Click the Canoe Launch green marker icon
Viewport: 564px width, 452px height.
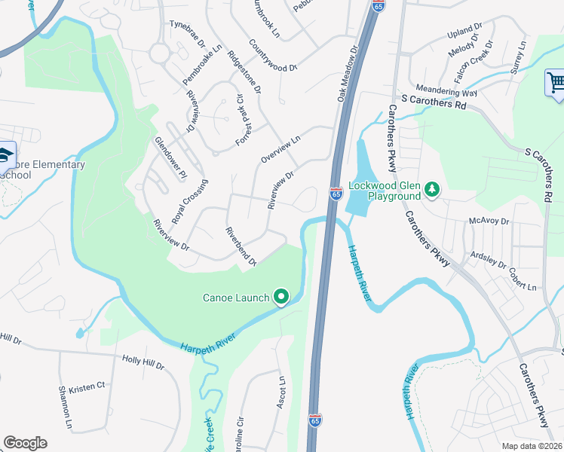pos(281,298)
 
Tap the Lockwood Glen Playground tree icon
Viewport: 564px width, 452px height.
pos(432,189)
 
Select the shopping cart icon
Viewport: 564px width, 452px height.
pos(556,82)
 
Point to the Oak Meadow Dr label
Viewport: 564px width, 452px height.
pos(346,72)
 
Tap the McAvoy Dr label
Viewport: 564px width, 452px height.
pos(489,221)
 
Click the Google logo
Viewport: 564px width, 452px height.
pos(25,443)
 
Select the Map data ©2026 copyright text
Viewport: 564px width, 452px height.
pos(532,446)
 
